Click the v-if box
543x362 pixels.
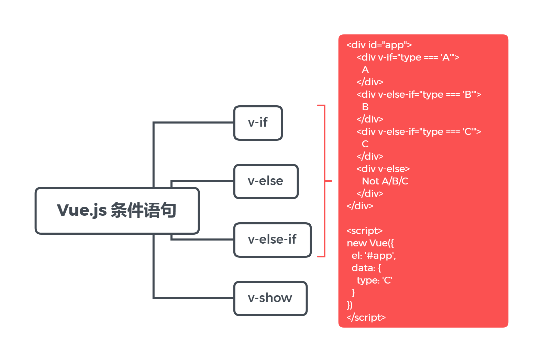click(258, 123)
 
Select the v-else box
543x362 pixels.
click(266, 181)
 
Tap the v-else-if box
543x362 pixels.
click(272, 240)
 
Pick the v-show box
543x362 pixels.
click(270, 298)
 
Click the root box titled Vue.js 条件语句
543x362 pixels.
click(117, 211)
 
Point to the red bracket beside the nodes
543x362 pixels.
click(324, 181)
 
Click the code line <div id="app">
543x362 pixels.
click(379, 45)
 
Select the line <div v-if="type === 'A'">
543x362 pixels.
click(408, 57)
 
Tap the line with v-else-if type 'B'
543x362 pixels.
click(419, 95)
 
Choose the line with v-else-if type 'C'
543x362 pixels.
click(419, 132)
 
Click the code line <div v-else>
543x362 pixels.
click(383, 169)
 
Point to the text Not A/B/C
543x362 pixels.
click(385, 181)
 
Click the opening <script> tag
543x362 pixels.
click(364, 231)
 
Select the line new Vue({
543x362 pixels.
click(370, 243)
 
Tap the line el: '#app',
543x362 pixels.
click(374, 256)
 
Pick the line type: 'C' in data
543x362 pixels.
click(375, 280)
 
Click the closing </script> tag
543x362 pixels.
click(366, 318)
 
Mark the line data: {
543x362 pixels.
click(366, 268)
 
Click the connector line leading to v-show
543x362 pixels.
click(192, 298)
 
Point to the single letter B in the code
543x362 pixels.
click(365, 107)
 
